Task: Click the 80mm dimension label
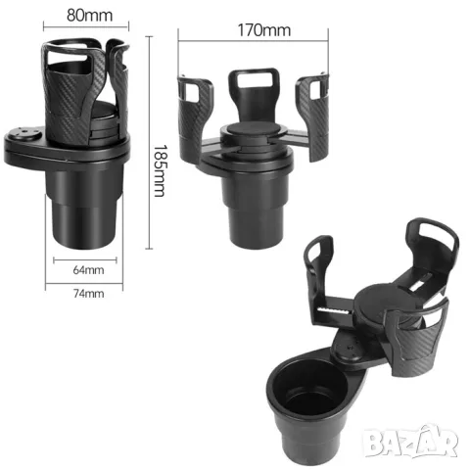pyautogui.click(x=89, y=15)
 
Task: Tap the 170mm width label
pyautogui.click(x=264, y=30)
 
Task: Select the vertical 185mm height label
pyautogui.click(x=160, y=170)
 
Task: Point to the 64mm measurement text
pyautogui.click(x=88, y=270)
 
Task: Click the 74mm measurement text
pyautogui.click(x=89, y=294)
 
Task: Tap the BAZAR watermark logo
pyautogui.click(x=411, y=441)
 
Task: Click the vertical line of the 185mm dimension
pyautogui.click(x=149, y=142)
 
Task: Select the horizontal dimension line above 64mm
pyautogui.click(x=85, y=260)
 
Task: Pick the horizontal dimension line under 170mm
pyautogui.click(x=254, y=41)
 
